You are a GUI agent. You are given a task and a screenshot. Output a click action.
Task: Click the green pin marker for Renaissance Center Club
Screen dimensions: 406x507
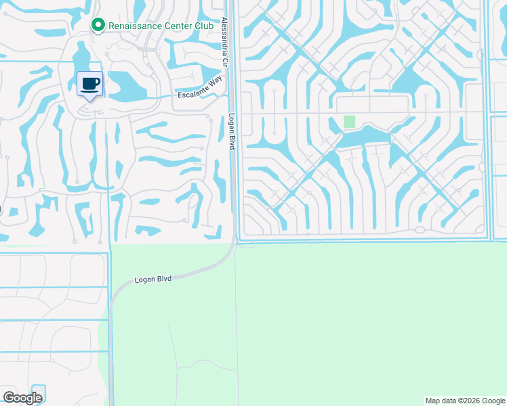point(98,26)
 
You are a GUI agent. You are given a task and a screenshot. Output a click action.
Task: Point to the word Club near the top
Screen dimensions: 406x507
point(205,26)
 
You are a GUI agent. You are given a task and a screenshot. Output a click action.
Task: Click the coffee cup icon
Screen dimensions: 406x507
point(89,83)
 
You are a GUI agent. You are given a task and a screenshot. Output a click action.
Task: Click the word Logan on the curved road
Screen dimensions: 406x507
point(145,279)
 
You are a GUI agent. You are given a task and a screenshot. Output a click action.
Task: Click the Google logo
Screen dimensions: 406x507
point(23,398)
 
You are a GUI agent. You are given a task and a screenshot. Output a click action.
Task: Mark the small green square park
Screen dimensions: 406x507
point(349,121)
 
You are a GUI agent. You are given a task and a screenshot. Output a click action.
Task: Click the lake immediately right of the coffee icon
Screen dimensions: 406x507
point(122,84)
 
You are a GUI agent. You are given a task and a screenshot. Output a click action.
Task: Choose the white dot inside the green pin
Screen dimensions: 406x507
point(98,26)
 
